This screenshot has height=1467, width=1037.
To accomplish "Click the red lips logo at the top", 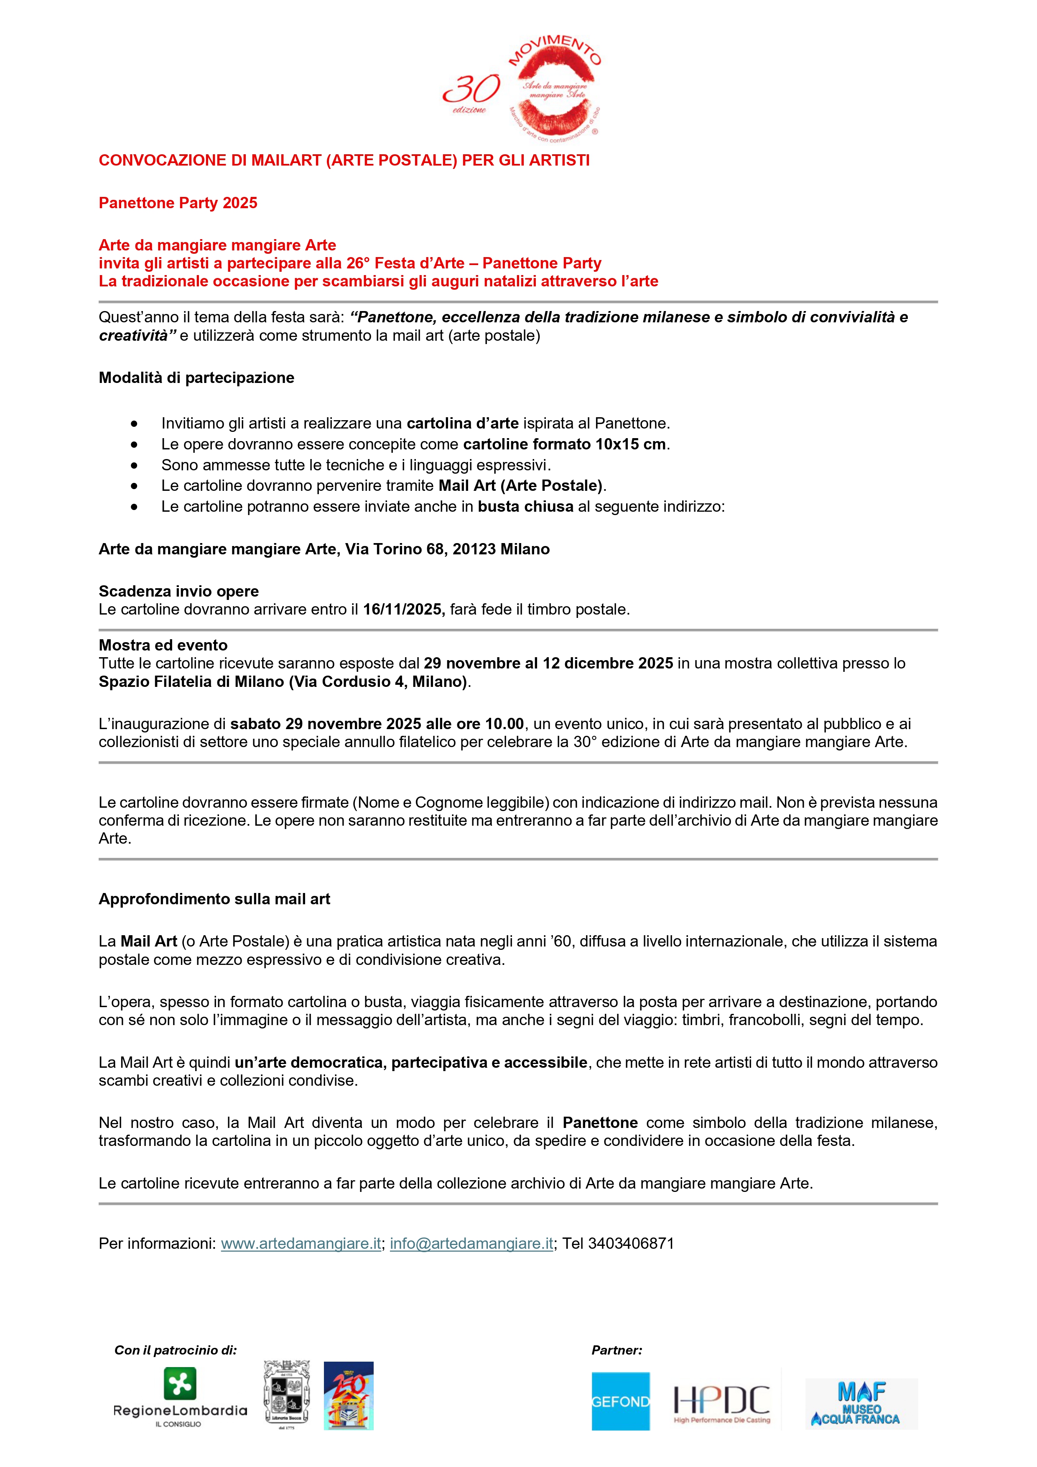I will click(x=555, y=89).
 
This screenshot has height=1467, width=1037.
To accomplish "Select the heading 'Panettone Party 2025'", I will click(x=178, y=203).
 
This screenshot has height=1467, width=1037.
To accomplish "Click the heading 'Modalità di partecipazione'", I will click(x=196, y=378).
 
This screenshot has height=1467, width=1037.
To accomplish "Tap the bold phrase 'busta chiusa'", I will click(x=525, y=507).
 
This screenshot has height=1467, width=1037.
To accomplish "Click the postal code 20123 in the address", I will click(x=474, y=549).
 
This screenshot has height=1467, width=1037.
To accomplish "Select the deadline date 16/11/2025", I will click(x=403, y=610).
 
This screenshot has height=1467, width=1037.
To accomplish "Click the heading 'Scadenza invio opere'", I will click(x=178, y=591).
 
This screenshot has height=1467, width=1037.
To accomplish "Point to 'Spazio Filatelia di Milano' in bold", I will click(x=192, y=682).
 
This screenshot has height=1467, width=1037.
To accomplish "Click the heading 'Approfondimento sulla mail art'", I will click(x=214, y=899).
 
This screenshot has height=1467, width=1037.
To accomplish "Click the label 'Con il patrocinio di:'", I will click(x=175, y=1350).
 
